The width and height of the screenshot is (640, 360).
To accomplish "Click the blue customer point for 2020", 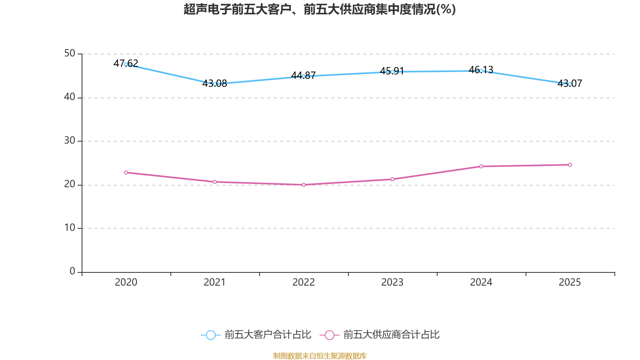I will click(x=126, y=64).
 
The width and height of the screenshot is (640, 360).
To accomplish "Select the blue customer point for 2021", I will click(x=215, y=84).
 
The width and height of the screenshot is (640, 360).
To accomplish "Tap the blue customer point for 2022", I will click(x=304, y=76).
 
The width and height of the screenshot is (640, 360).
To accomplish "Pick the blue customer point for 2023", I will click(x=392, y=72).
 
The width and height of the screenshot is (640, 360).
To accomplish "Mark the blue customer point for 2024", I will click(x=481, y=71).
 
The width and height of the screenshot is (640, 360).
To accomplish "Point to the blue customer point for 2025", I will click(x=570, y=84).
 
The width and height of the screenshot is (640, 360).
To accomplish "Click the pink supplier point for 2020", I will click(x=126, y=172).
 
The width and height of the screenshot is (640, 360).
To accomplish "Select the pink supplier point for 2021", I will click(x=215, y=182).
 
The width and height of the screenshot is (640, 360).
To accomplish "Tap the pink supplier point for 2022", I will click(x=304, y=185).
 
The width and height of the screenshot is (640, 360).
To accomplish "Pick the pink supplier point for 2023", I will click(x=392, y=179).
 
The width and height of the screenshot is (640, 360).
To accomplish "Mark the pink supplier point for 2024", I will click(x=481, y=166).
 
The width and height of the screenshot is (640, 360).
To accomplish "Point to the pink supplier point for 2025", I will click(x=570, y=165).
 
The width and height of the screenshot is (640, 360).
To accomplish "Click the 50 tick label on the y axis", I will click(x=70, y=54).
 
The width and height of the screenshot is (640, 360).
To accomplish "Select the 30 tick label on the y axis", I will click(x=70, y=141).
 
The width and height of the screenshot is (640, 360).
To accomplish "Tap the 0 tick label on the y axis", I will click(x=72, y=272).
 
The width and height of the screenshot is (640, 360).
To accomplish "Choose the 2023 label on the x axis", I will click(x=392, y=282).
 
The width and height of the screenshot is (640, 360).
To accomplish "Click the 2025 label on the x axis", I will click(x=570, y=282).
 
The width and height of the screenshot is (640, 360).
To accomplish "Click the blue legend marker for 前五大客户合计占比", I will click(x=210, y=335).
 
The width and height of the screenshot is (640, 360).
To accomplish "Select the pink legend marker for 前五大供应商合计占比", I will click(x=330, y=335).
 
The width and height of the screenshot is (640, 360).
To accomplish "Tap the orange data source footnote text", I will click(x=320, y=356).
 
